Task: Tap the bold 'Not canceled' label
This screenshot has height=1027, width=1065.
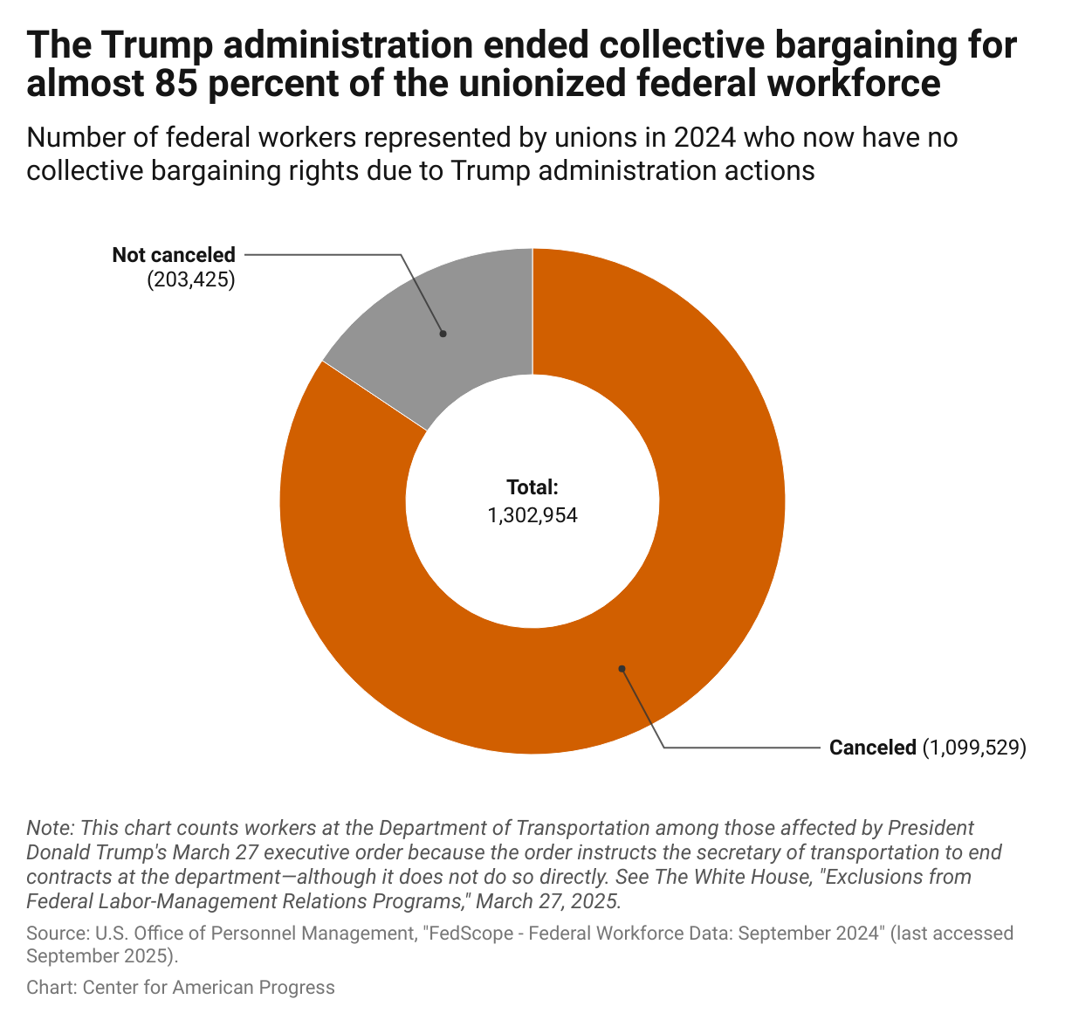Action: click(x=174, y=255)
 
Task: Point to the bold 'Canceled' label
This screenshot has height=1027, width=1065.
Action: click(x=872, y=748)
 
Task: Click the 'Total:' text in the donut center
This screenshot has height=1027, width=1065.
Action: click(x=532, y=487)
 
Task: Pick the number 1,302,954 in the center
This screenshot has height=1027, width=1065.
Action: click(x=532, y=515)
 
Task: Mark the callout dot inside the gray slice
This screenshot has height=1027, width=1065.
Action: click(x=443, y=333)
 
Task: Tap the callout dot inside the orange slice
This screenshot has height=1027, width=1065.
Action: click(x=622, y=669)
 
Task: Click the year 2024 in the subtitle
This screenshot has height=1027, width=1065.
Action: click(x=702, y=137)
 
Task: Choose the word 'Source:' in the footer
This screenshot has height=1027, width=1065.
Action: click(x=54, y=934)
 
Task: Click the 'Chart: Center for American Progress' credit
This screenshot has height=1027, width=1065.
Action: click(x=181, y=987)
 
